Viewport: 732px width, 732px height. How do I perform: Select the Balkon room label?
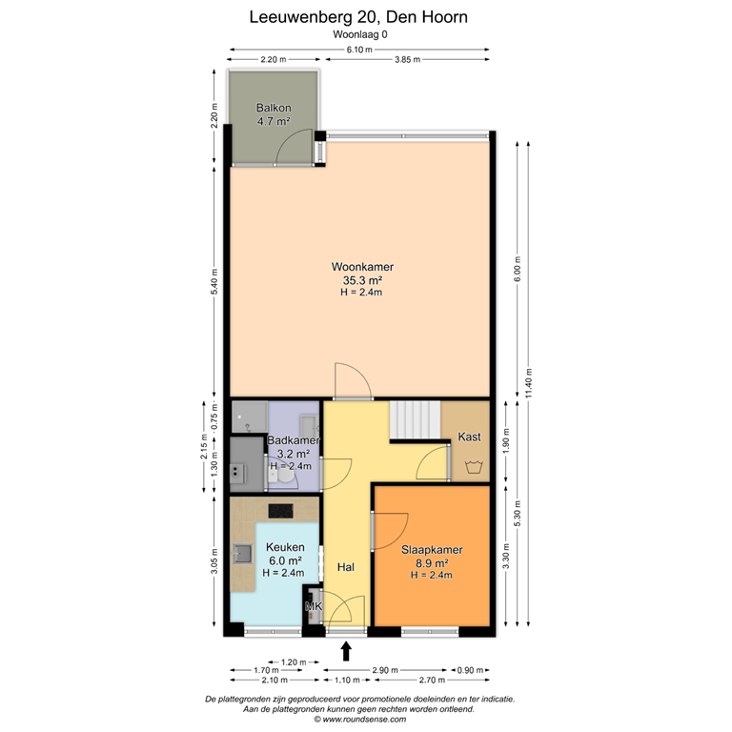click(x=274, y=109)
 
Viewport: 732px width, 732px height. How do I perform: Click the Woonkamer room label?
click(x=362, y=267)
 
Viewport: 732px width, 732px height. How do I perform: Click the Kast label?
click(x=469, y=437)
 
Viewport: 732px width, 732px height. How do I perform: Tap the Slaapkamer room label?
click(x=432, y=550)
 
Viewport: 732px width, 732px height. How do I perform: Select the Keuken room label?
click(x=285, y=547)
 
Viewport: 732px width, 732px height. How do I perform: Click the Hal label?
click(x=346, y=567)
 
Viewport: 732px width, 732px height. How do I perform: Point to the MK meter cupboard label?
click(x=313, y=606)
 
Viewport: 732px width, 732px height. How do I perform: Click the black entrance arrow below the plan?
click(x=346, y=651)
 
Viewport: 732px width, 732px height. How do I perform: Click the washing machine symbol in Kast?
click(x=470, y=467)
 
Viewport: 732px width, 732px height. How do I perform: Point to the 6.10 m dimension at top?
click(x=358, y=50)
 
